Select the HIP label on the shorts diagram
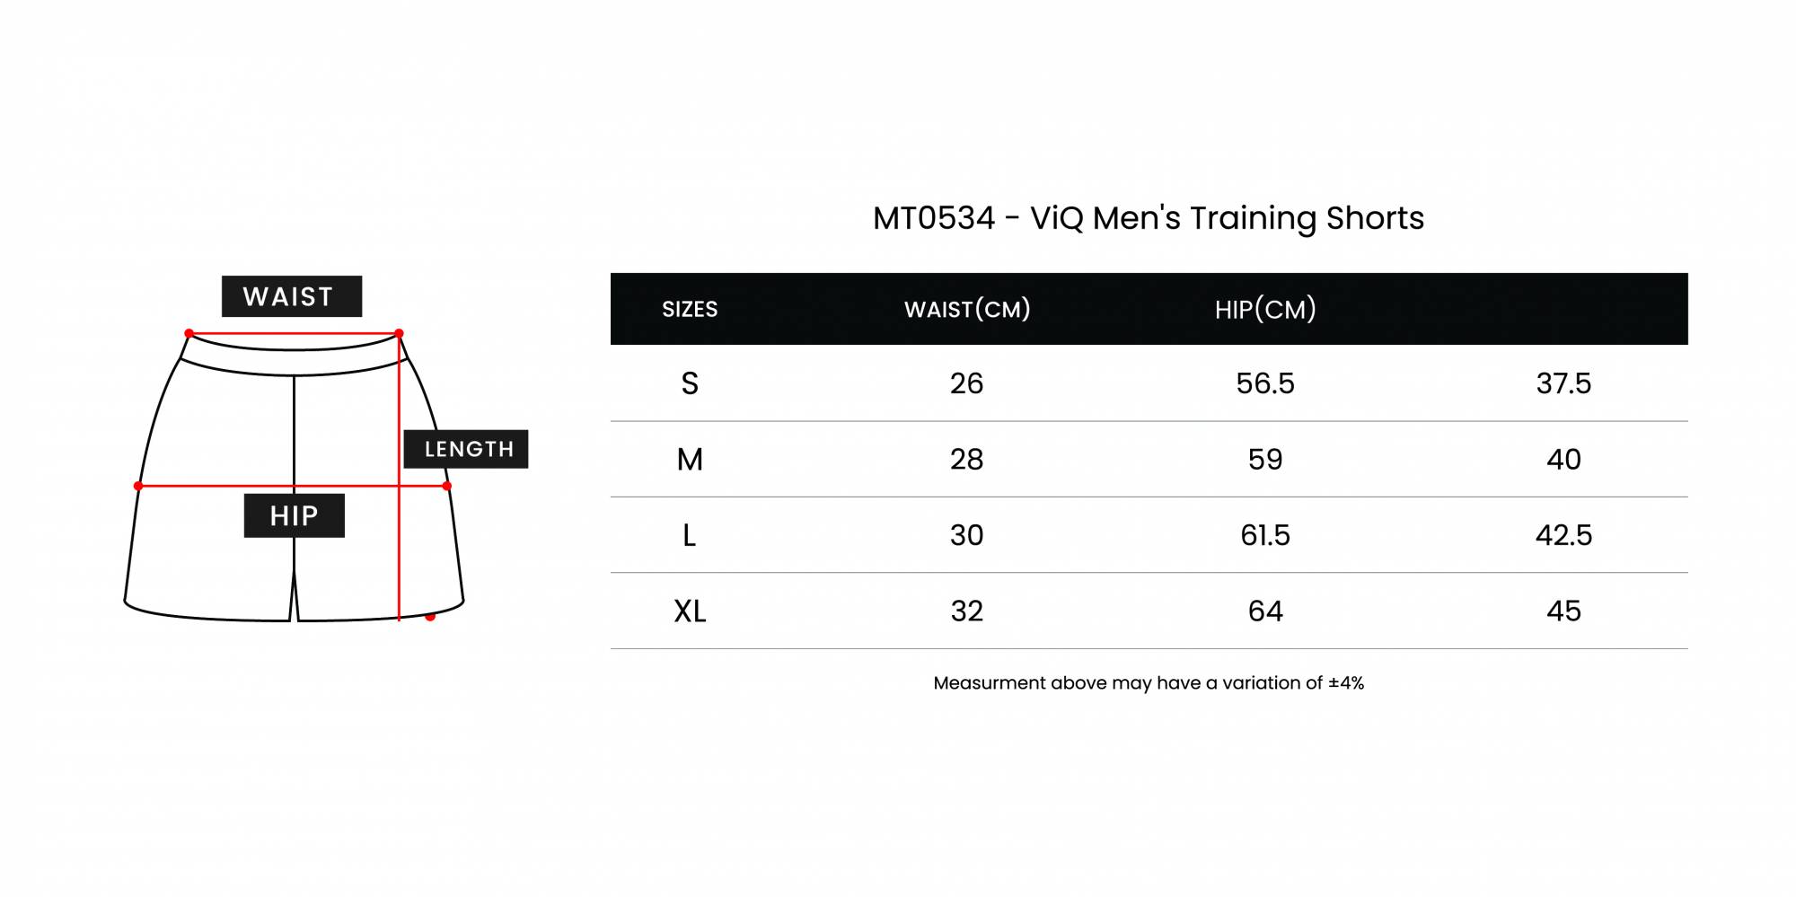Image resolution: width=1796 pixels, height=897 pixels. [295, 515]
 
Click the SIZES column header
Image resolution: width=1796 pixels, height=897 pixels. [690, 310]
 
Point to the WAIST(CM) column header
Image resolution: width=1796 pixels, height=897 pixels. [967, 310]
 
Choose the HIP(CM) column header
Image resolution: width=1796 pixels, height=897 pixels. [1265, 310]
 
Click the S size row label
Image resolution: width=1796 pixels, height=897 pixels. [690, 383]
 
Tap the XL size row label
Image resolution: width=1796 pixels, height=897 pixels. [690, 611]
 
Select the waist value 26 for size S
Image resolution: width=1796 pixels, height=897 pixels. [967, 383]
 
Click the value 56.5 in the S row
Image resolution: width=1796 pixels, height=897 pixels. [1265, 383]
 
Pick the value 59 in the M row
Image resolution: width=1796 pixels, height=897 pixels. [1265, 460]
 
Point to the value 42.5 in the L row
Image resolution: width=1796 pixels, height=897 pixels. [1563, 535]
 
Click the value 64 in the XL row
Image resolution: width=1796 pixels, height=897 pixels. [1265, 611]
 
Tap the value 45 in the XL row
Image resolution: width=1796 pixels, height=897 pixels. [1563, 611]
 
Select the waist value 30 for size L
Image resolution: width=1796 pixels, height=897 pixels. [967, 535]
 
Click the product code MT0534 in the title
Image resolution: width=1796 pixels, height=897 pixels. [934, 218]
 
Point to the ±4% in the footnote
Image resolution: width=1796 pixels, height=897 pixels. [1346, 683]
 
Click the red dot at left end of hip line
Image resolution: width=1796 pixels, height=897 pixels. [138, 486]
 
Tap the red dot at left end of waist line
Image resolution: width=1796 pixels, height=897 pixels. [189, 333]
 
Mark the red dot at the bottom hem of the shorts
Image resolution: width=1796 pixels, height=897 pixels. [430, 617]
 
